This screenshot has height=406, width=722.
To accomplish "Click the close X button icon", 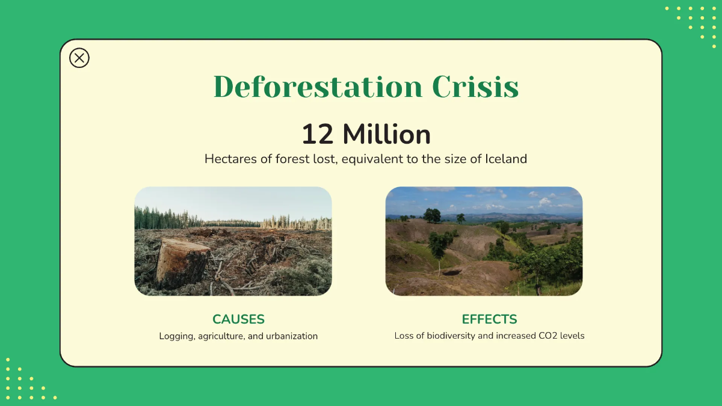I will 79,58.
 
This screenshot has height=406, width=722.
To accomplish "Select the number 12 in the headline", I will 317,134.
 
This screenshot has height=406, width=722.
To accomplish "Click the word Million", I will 386,134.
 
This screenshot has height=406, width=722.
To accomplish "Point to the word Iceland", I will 506,159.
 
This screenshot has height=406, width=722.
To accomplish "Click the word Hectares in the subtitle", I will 227,159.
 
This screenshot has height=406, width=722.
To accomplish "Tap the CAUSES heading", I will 238,319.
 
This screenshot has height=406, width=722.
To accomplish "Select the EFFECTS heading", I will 489,319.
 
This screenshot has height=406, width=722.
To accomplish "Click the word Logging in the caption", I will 176,336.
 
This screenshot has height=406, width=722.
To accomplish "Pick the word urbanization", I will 292,336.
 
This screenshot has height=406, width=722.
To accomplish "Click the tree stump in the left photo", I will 182,262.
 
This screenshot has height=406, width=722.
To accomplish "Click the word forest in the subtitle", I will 291,159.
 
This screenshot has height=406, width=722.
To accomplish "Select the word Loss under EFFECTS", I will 404,336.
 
